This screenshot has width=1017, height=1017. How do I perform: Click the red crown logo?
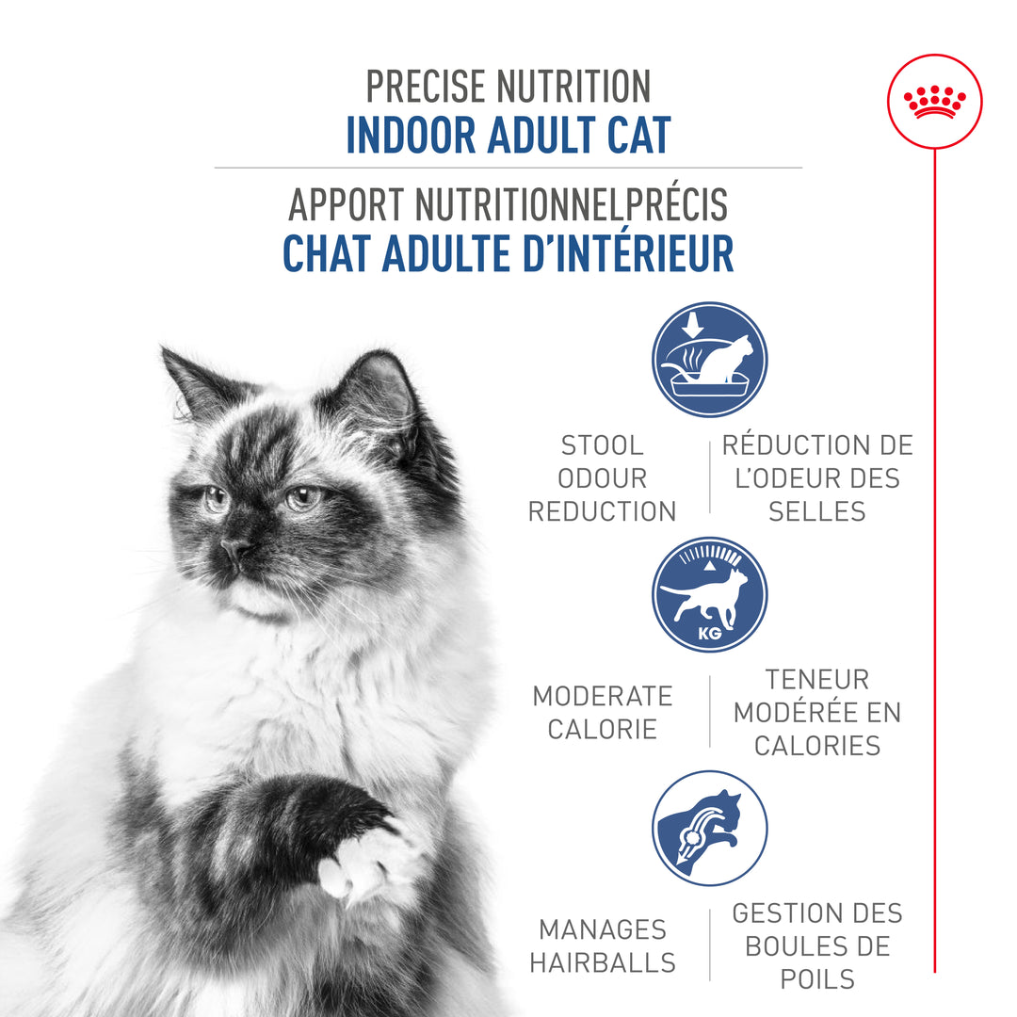[x=934, y=101]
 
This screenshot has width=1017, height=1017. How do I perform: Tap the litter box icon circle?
[x=709, y=359]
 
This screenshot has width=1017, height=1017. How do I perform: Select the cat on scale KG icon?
[x=709, y=594]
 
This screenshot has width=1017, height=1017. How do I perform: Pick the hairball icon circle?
[x=709, y=828]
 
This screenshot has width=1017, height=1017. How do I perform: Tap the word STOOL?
[x=602, y=445]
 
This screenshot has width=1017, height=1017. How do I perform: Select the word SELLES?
[x=816, y=511]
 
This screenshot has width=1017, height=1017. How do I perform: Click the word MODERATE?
[x=602, y=697]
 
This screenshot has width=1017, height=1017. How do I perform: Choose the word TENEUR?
[x=816, y=679]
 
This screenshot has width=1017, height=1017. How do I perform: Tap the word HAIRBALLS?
[x=602, y=962]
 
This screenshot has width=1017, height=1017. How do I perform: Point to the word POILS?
[x=816, y=978]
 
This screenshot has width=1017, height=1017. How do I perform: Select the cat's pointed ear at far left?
[x=188, y=377]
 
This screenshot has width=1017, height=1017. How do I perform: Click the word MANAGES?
[x=602, y=929]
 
